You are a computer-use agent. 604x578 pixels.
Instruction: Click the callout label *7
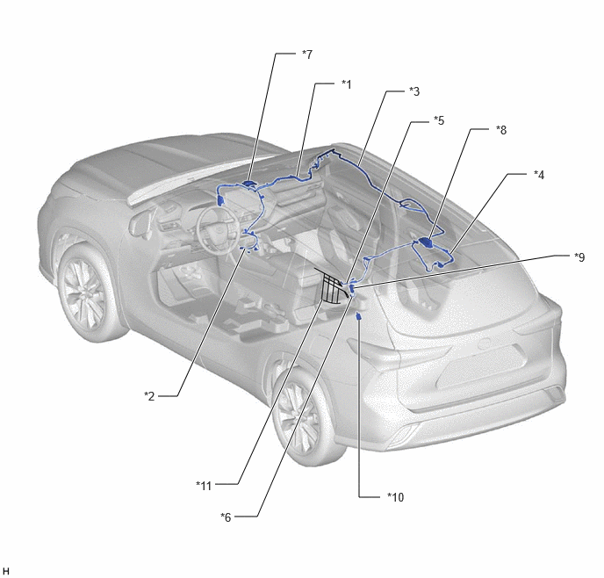pyautogui.click(x=307, y=54)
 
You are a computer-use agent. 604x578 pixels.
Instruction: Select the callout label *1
pyautogui.click(x=346, y=84)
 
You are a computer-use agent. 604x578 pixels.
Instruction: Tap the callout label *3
pyautogui.click(x=414, y=91)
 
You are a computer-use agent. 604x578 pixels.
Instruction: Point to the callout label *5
pyautogui.click(x=439, y=120)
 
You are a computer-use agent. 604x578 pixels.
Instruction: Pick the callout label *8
pyautogui.click(x=501, y=130)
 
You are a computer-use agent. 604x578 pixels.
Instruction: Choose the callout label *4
pyautogui.click(x=539, y=175)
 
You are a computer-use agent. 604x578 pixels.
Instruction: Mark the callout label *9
pyautogui.click(x=579, y=257)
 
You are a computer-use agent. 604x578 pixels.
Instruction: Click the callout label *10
pyautogui.click(x=396, y=497)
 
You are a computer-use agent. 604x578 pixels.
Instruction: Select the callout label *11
pyautogui.click(x=204, y=486)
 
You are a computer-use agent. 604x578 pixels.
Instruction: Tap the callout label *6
pyautogui.click(x=226, y=517)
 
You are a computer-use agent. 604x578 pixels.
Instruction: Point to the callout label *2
pyautogui.click(x=149, y=396)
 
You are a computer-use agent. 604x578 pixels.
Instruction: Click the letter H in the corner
pyautogui.click(x=6, y=571)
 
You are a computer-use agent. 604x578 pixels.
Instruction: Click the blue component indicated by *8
pyautogui.click(x=426, y=242)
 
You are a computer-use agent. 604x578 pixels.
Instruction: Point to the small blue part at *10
pyautogui.click(x=358, y=316)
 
